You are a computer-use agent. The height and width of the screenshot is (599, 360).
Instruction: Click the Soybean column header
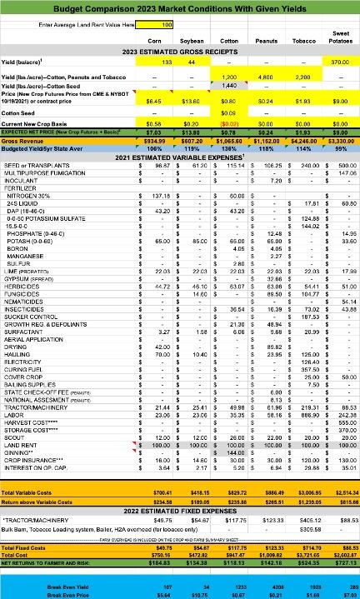tap(192, 40)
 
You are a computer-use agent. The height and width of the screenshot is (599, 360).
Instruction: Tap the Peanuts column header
tap(266, 40)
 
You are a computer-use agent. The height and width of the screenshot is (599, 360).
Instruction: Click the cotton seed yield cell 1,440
tap(229, 85)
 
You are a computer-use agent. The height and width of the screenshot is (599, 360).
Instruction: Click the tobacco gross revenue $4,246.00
tap(302, 142)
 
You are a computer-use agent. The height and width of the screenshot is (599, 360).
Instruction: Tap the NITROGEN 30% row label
tap(28, 194)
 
